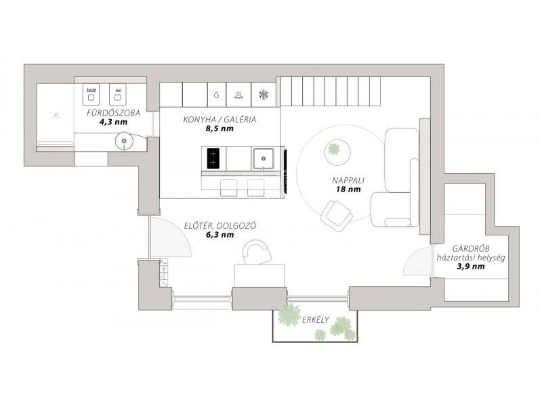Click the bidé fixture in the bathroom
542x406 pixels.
coord(91,94)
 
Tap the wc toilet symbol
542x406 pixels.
coord(118,94)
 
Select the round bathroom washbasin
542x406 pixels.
coord(124,141)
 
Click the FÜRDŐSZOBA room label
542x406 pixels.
coord(113,113)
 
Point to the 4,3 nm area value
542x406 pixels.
coord(113,122)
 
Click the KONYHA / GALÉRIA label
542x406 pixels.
coord(220,120)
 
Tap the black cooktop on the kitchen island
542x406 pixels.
coord(213,158)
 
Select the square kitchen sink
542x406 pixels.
coord(264,158)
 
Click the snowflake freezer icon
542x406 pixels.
coord(264,95)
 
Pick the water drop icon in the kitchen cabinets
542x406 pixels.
coord(216,95)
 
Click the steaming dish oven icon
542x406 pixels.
coord(238,95)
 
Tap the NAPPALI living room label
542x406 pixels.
coord(348,180)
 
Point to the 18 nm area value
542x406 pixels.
coord(348,189)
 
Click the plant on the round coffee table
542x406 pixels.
coord(333,149)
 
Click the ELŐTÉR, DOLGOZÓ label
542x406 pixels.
coord(220,226)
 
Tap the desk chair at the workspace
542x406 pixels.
coord(257,252)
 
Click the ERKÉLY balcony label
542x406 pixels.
coord(316,319)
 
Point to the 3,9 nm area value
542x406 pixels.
coord(471,267)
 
